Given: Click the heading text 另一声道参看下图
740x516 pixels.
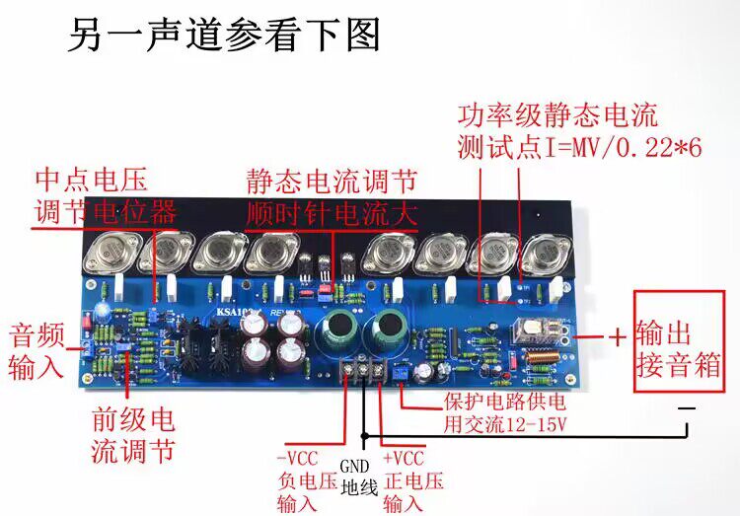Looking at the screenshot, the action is pos(224,37).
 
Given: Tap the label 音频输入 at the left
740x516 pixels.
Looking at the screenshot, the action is pos(37,349).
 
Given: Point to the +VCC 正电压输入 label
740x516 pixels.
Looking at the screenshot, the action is pos(403,480).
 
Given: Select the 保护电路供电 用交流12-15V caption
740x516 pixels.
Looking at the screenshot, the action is pos(500,413).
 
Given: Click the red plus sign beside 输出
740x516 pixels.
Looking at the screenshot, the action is pos(617,336).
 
